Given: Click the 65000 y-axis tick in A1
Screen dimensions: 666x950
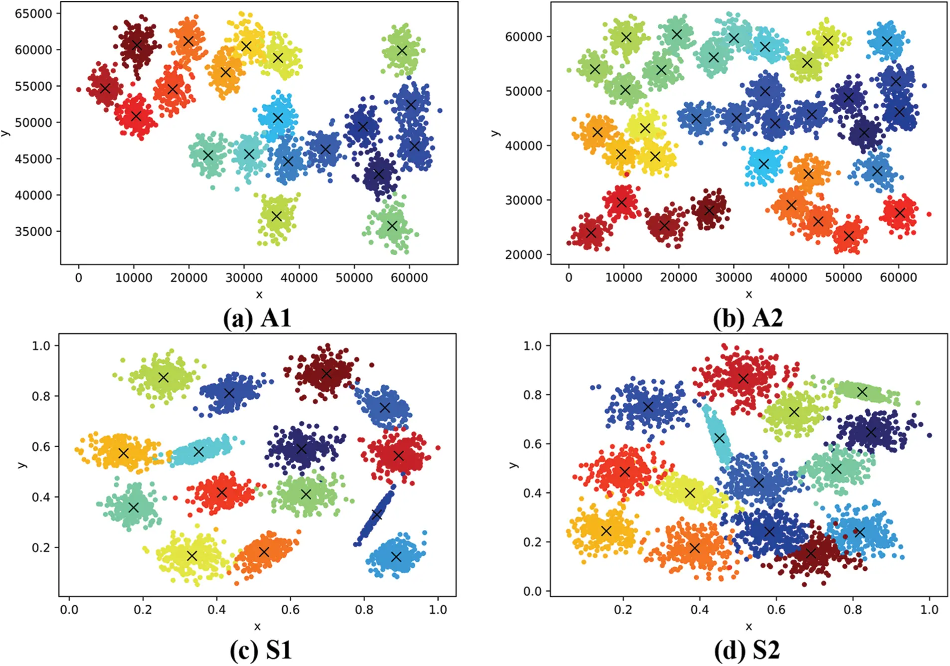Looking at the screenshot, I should click(x=33, y=13).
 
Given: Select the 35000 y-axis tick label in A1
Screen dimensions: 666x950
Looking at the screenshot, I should click(x=33, y=231).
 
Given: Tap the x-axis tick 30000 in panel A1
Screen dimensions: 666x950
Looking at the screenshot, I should click(x=244, y=278).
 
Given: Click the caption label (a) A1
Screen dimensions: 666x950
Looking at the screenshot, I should click(x=257, y=318).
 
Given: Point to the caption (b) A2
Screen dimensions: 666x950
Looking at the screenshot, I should click(x=748, y=318).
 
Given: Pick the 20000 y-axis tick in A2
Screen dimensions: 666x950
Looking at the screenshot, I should click(x=524, y=254).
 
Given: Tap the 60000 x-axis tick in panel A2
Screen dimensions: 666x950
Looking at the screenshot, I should click(x=898, y=278).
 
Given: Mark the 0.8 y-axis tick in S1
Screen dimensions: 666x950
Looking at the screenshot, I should click(x=41, y=396).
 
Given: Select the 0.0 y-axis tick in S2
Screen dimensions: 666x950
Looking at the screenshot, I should click(x=532, y=591).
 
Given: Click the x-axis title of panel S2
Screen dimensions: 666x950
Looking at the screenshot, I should click(x=749, y=627).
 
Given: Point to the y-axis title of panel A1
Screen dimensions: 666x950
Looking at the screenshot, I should click(x=5, y=133).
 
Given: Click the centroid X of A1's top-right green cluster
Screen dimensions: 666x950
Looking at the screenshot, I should click(x=402, y=50).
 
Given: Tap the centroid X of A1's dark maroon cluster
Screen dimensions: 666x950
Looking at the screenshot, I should click(x=137, y=45).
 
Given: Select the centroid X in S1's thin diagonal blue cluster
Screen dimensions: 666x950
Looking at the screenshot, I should click(x=377, y=514).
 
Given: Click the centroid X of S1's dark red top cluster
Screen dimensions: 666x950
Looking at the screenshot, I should click(x=327, y=373).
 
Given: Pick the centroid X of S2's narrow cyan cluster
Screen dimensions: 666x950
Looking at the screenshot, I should click(x=719, y=438).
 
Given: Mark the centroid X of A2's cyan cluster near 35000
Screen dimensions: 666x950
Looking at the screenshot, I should click(x=763, y=164).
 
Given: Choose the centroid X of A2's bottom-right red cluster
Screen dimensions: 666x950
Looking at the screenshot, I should click(x=900, y=213).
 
